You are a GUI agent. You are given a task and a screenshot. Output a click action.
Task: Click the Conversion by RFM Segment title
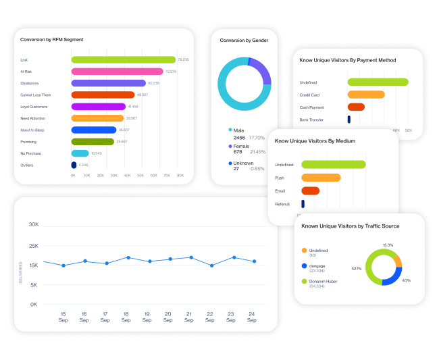(x=52, y=40)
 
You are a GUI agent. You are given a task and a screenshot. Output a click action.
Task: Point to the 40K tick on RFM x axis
(x=127, y=175)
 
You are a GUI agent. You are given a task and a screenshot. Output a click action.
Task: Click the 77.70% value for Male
(x=257, y=137)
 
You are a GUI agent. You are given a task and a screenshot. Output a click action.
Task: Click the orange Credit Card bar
(x=366, y=95)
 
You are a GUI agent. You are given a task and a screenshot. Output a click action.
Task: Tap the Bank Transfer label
(x=311, y=120)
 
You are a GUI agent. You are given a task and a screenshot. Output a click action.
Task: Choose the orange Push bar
(x=321, y=178)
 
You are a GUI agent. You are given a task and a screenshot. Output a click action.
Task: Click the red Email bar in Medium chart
(x=311, y=190)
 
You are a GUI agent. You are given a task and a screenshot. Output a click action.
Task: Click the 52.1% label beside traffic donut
(x=356, y=268)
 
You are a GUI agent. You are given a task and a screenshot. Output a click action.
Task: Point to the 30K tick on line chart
(x=33, y=224)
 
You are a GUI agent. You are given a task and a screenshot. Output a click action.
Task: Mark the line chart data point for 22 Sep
(x=212, y=265)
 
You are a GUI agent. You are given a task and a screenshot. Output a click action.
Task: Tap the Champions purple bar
(x=108, y=82)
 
